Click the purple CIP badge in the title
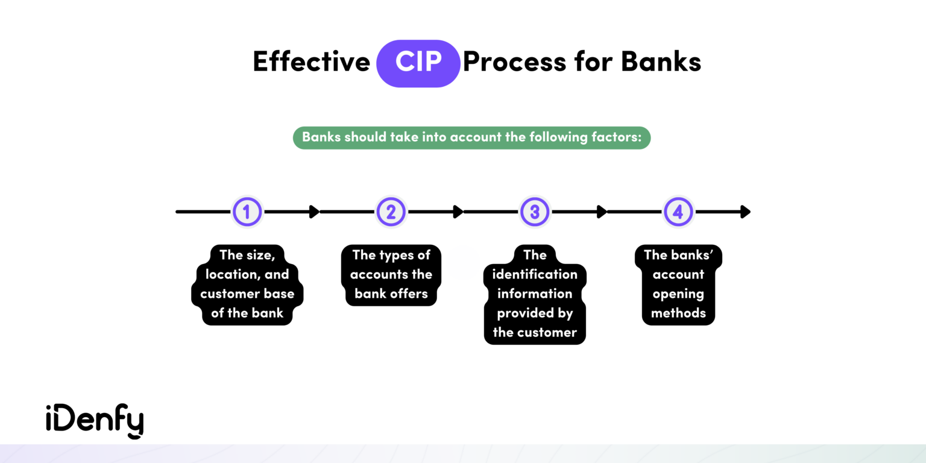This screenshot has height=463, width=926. (x=418, y=63)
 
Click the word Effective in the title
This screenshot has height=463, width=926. (x=311, y=63)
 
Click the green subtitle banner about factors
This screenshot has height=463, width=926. (x=471, y=137)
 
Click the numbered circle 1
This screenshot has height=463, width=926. (x=247, y=212)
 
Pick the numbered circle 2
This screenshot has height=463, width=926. (x=391, y=212)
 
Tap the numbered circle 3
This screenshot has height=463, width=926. (x=535, y=212)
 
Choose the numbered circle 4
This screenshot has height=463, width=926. (x=678, y=212)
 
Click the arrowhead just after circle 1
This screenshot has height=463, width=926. (x=314, y=212)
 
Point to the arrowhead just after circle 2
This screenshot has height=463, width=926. (x=458, y=212)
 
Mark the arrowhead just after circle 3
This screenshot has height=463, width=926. (x=602, y=212)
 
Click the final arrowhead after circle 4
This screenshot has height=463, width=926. (x=746, y=212)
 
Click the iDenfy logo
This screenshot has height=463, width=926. (x=95, y=421)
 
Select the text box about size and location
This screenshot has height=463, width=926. (x=247, y=285)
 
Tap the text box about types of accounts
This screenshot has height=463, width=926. (x=391, y=275)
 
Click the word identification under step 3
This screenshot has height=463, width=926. (x=535, y=274)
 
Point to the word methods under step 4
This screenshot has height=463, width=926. (x=678, y=313)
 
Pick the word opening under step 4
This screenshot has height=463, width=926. (x=678, y=294)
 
